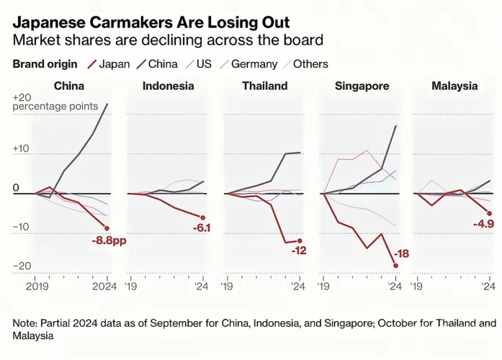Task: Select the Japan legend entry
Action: pos(114,64)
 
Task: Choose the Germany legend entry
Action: pos(252,64)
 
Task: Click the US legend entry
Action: pos(203,64)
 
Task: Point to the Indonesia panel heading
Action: pos(168,86)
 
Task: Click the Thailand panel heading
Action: pos(264,86)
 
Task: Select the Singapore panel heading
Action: pos(362,86)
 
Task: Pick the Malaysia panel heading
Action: pos(454,86)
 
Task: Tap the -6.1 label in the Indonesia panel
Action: pos(202,228)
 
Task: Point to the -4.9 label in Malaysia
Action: pos(483,224)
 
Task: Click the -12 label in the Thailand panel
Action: pos(299,250)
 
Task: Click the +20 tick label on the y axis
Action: pos(22,97)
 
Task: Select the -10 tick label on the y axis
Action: pos(22,227)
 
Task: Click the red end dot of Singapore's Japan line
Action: pos(395,265)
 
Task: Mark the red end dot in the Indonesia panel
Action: pos(203,217)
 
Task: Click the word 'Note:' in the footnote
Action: pos(27,323)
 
